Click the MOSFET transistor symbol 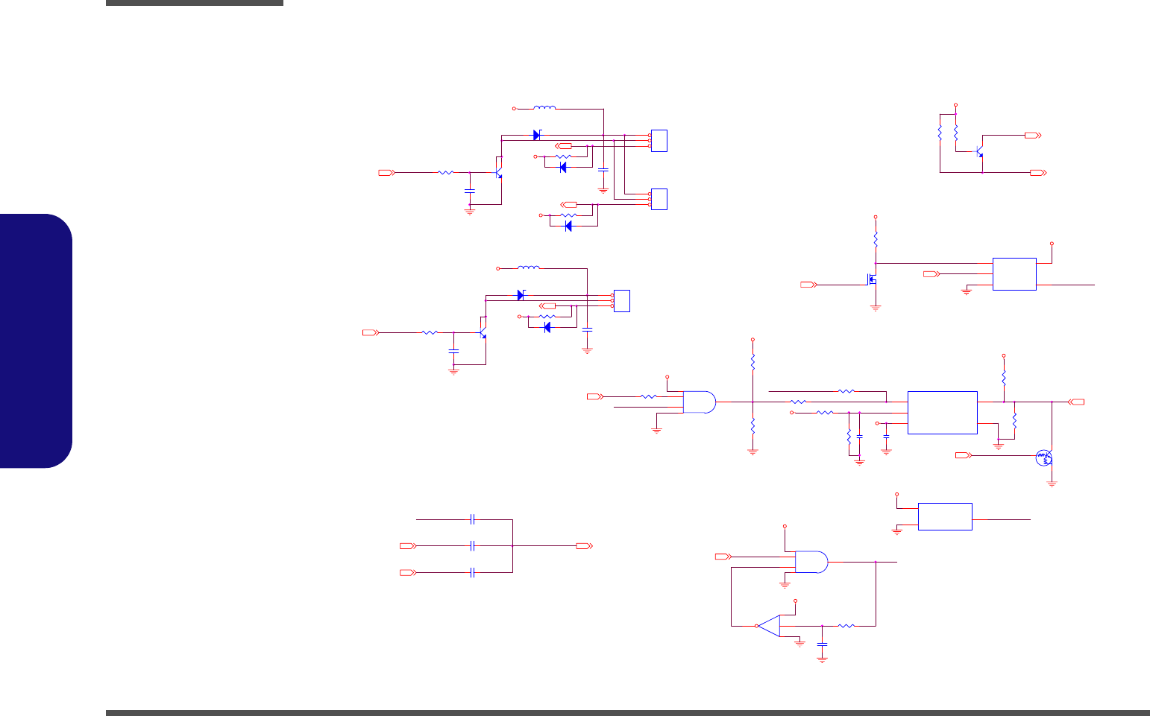871,280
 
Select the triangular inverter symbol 768,626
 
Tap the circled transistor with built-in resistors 1044,458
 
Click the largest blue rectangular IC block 942,412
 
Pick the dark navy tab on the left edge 37,340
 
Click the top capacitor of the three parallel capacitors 473,519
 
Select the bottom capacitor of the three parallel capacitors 473,572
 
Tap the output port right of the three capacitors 584,546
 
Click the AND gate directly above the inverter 811,562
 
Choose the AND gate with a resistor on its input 699,402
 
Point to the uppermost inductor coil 544,109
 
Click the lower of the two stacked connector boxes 659,199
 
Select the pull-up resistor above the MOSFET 876,241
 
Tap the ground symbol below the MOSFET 876,307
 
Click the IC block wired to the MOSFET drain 1014,273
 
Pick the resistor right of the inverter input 846,626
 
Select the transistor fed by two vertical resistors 979,151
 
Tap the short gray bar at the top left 195,3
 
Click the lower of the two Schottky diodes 521,295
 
